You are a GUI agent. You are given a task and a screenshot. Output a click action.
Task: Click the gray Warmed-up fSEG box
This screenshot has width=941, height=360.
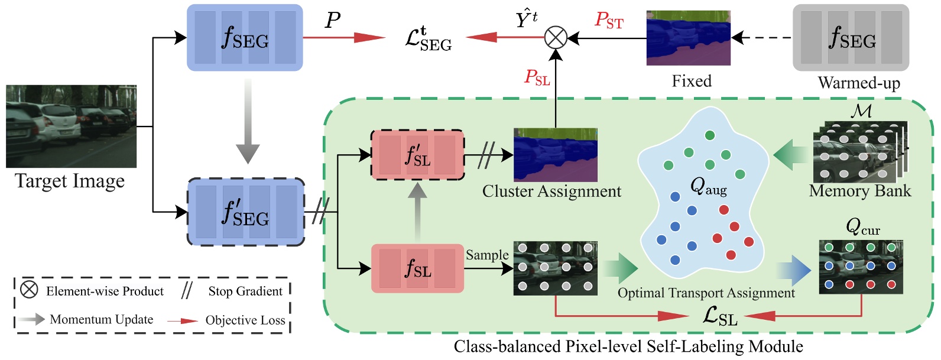pos(850,38)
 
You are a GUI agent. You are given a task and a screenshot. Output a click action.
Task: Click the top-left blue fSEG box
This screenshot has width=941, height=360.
pos(245,38)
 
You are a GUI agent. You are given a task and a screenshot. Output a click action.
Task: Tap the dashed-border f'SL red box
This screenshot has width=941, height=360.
pos(417,155)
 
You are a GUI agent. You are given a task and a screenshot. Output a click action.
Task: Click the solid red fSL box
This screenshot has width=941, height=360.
pos(417,268)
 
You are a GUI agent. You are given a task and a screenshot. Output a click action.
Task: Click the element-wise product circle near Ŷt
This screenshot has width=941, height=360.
pos(555,38)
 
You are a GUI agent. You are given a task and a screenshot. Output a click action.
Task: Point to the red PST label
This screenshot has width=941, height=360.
pos(609,21)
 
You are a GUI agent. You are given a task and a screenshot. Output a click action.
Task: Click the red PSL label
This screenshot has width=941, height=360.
pos(537,77)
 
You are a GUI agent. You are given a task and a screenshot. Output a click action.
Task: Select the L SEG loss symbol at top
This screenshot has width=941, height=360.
pos(429,39)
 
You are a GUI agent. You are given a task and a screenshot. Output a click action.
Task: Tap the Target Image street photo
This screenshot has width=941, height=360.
pos(71,127)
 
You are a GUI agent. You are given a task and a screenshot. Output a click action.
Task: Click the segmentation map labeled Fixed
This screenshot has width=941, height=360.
pos(688,38)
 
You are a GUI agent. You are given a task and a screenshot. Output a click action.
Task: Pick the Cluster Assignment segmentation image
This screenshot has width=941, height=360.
pos(555,155)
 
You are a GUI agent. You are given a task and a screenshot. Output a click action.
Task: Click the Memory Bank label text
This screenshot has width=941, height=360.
pos(859,191)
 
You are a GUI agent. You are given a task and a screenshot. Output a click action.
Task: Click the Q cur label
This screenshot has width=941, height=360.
pos(862,227)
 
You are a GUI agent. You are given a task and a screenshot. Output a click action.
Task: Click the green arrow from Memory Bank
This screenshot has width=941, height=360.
pos(791,154)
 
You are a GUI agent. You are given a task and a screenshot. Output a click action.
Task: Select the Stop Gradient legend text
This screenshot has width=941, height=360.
pos(245,291)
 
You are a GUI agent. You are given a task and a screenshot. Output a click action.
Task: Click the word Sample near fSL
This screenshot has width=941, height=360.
pos(486,255)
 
